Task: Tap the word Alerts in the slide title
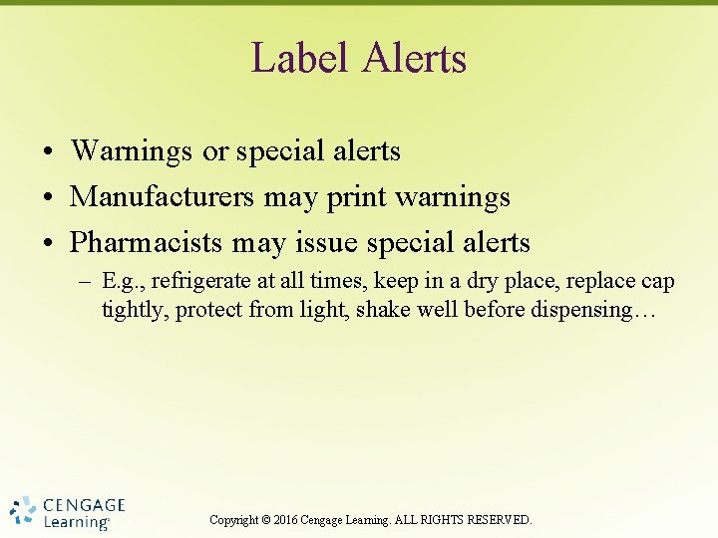[x=415, y=58]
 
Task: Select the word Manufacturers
[x=163, y=197]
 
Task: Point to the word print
[x=357, y=197]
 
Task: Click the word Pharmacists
[x=148, y=242]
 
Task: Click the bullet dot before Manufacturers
[x=48, y=198]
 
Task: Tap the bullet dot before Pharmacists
[x=48, y=243]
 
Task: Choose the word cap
[x=658, y=282]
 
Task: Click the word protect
[x=211, y=310]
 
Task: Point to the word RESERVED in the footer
[x=498, y=520]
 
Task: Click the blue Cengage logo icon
[x=24, y=511]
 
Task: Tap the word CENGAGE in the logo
[x=84, y=504]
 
